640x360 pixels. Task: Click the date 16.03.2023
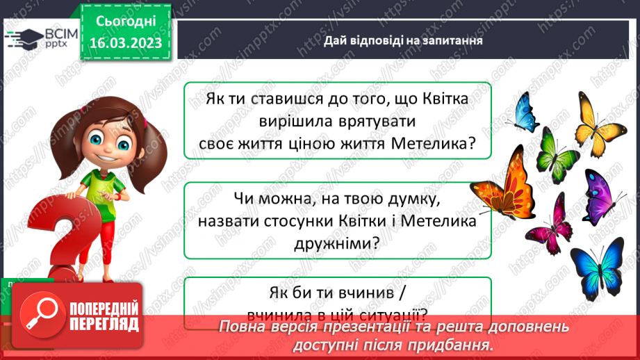[125, 44]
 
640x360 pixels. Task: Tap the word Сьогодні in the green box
[125, 22]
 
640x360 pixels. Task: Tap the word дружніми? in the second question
[336, 243]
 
